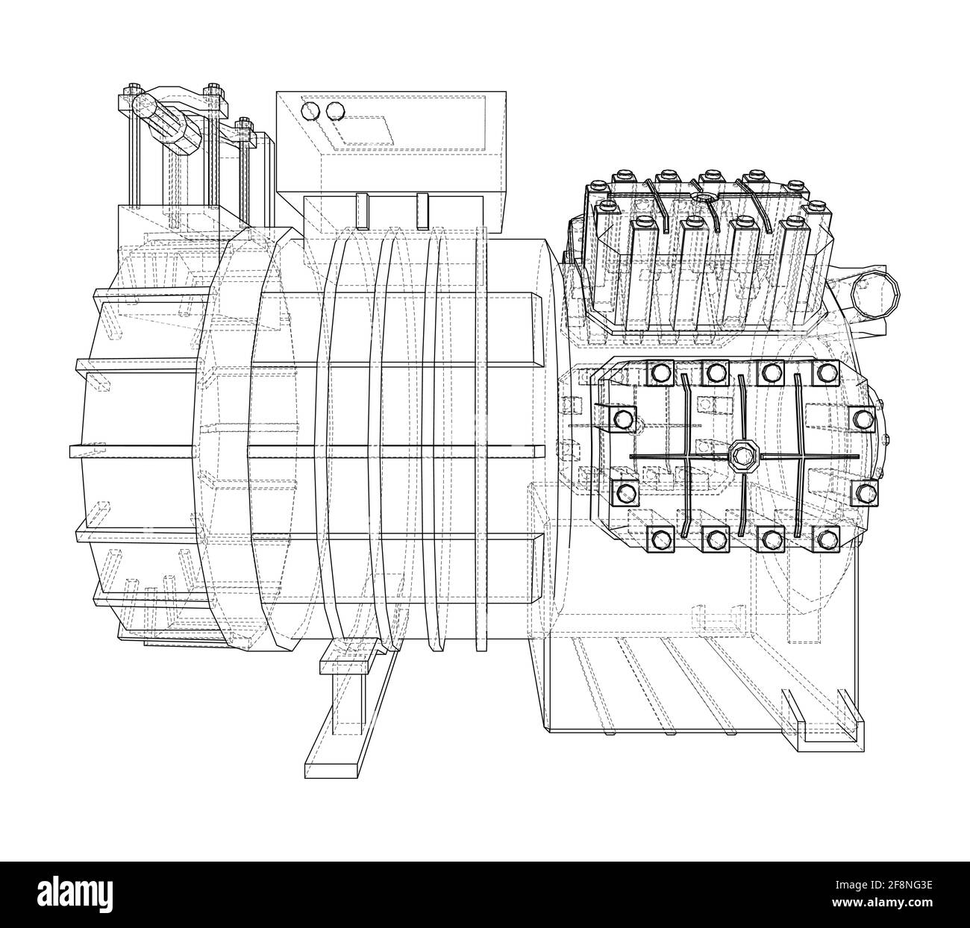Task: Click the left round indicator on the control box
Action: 306,111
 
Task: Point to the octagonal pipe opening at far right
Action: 875,293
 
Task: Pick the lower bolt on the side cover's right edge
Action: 864,493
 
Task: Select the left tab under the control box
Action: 363,211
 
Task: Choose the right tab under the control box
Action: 423,211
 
